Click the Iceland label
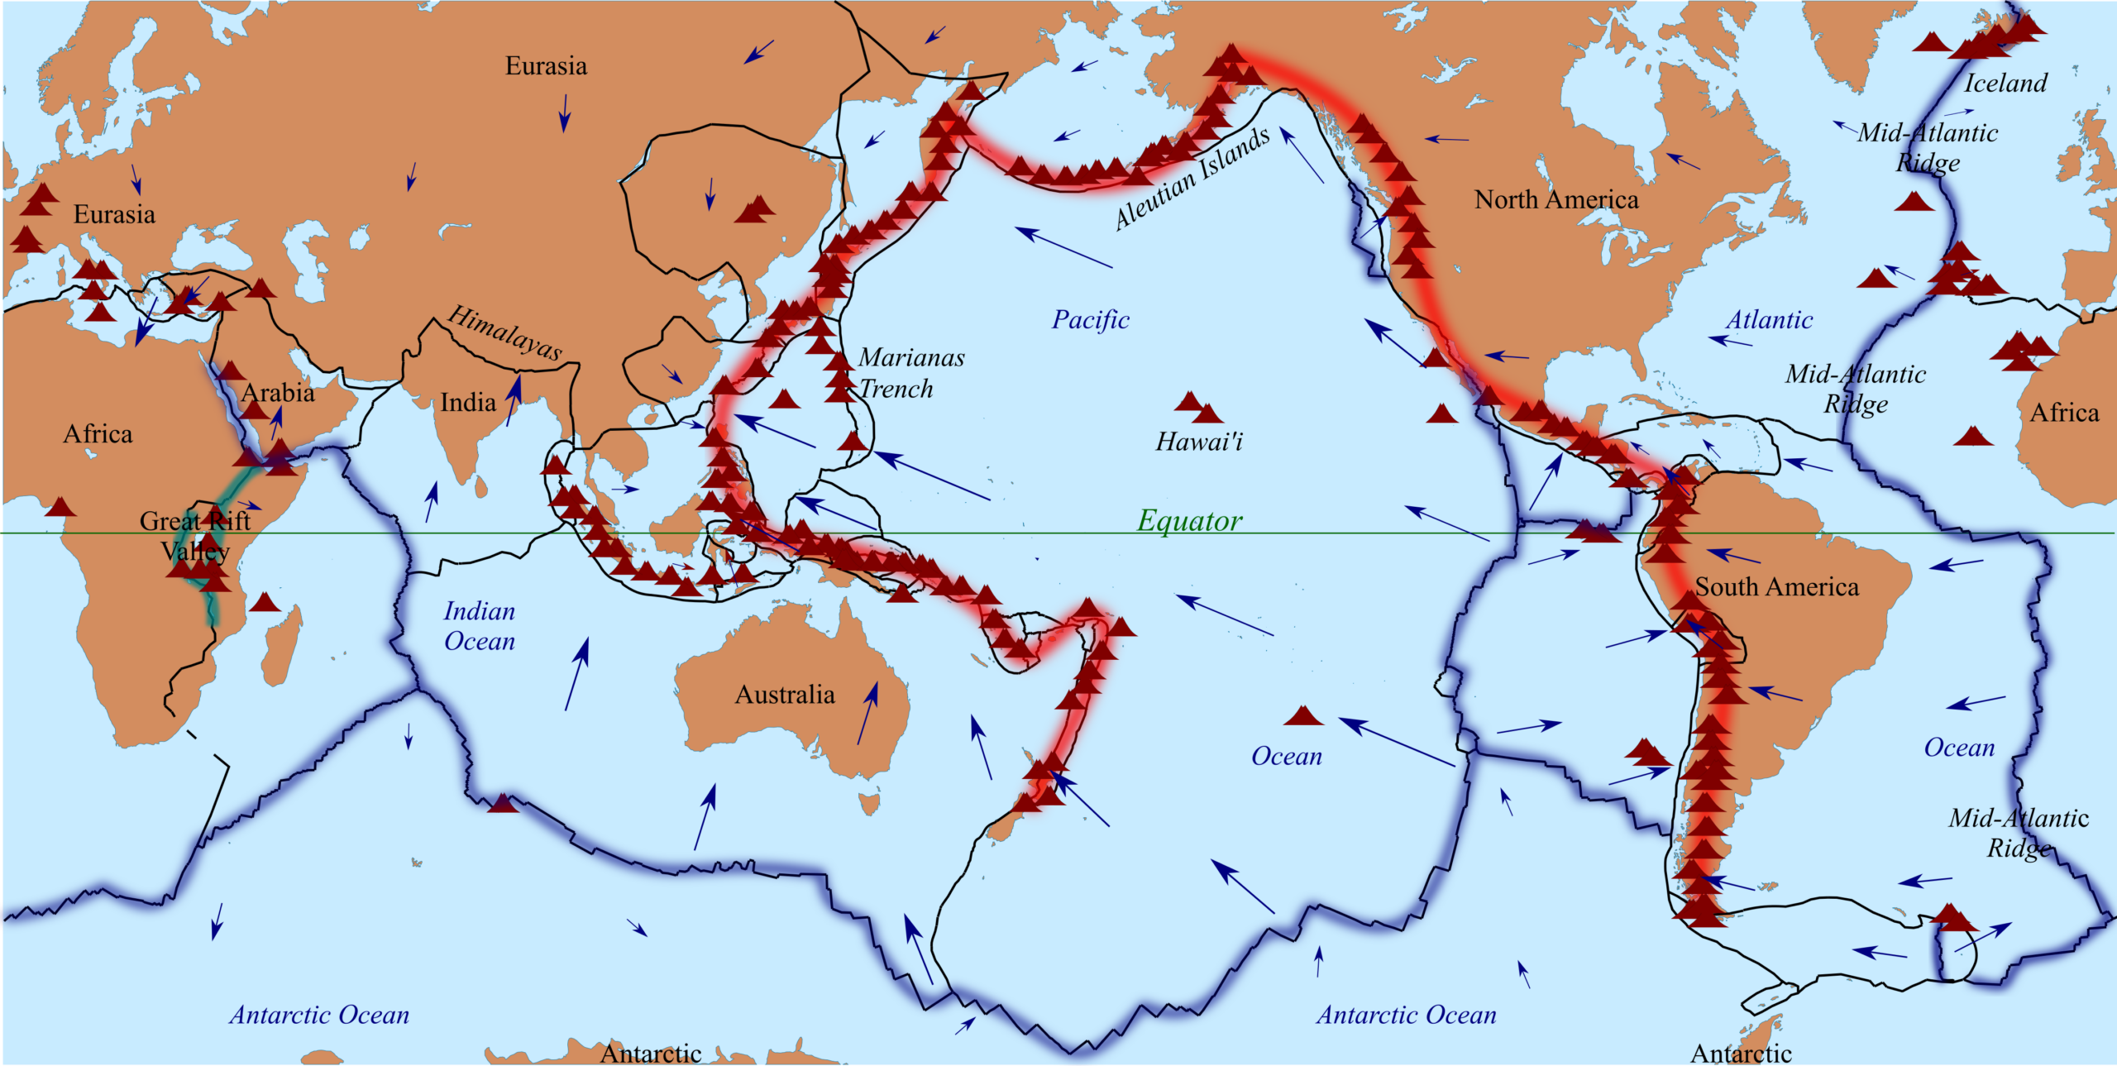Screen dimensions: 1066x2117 click(x=2005, y=84)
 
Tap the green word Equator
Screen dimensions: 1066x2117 click(x=1189, y=520)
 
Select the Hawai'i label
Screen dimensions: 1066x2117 click(x=1199, y=442)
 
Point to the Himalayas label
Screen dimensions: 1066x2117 click(x=505, y=332)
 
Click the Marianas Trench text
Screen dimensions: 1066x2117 click(x=910, y=373)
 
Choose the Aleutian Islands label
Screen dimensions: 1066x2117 click(x=1191, y=179)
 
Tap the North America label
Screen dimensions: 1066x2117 click(x=1555, y=200)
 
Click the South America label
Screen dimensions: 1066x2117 click(x=1776, y=587)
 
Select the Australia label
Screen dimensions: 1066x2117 click(x=785, y=695)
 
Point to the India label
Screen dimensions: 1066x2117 click(x=468, y=403)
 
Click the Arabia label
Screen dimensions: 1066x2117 click(x=278, y=393)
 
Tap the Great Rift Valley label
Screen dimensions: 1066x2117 click(x=195, y=536)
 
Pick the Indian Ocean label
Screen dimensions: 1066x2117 click(x=480, y=626)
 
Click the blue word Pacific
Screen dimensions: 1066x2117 click(x=1090, y=320)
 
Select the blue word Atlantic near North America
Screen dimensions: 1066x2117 click(x=1769, y=320)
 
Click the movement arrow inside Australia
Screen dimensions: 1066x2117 click(x=867, y=713)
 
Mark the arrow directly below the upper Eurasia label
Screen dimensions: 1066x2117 click(x=565, y=112)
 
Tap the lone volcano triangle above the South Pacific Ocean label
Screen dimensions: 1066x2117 click(x=1303, y=716)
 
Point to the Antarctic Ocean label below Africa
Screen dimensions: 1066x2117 click(x=319, y=1015)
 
